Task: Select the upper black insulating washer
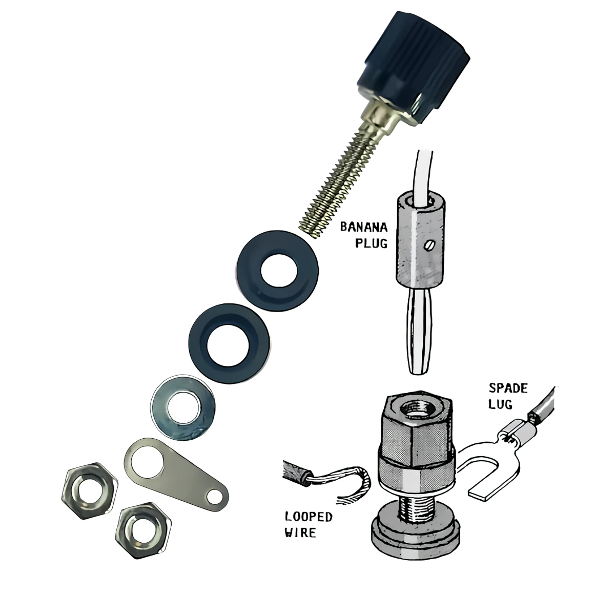277,269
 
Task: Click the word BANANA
364,227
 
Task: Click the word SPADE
508,388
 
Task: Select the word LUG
500,404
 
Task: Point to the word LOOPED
309,517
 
